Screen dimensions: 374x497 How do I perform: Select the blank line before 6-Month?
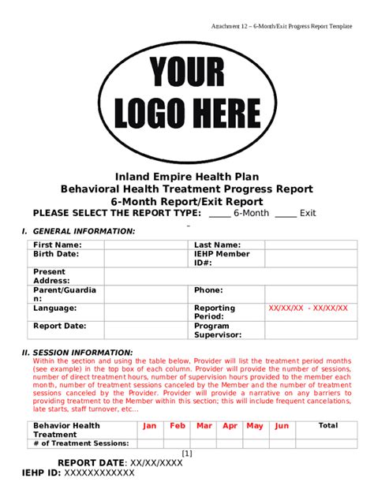tap(219, 214)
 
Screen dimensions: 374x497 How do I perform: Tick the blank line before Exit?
tap(286, 214)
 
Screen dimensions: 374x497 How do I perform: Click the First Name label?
tap(57, 245)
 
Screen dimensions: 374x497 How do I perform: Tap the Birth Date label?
tap(55, 254)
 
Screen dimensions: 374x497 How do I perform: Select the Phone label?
tap(208, 290)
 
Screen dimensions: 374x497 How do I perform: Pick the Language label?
tap(54, 308)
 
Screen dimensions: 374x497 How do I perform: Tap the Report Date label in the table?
tap(59, 325)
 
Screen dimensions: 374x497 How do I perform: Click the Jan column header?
tap(150, 426)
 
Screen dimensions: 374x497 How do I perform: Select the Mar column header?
tap(204, 426)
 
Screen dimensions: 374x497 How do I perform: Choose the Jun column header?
tap(281, 426)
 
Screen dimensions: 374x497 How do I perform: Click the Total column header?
tap(327, 426)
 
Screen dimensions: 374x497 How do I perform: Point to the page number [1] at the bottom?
tap(187, 453)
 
